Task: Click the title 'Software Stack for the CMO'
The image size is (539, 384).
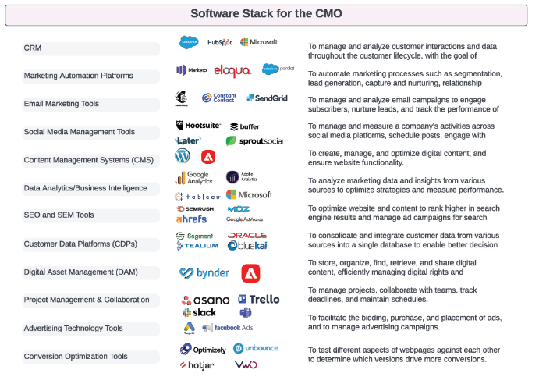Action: click(266, 13)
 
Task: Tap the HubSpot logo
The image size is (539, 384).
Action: click(219, 42)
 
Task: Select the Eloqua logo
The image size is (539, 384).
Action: click(232, 70)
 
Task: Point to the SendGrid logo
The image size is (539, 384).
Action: click(267, 98)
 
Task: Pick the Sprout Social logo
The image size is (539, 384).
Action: click(254, 141)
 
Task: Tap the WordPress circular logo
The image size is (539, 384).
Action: click(183, 155)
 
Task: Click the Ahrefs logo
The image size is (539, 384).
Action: click(191, 219)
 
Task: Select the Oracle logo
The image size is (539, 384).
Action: click(246, 235)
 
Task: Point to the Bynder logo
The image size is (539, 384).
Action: click(204, 273)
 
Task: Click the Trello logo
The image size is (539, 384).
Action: click(257, 300)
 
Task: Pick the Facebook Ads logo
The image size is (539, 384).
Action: click(227, 328)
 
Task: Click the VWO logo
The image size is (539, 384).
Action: click(246, 364)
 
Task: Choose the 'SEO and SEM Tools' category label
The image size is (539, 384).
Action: click(59, 215)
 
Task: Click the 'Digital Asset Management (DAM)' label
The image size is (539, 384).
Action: click(76, 272)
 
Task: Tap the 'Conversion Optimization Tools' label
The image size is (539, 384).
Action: click(76, 357)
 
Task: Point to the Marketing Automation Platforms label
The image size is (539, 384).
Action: click(78, 76)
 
